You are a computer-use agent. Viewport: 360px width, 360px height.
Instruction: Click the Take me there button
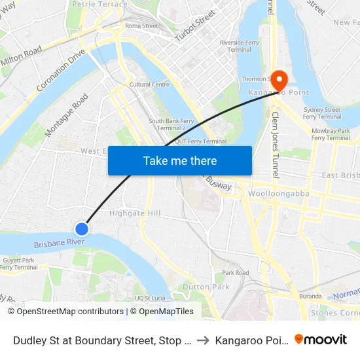pos(180,160)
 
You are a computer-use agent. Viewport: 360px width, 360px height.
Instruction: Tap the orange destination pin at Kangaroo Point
pos(279,81)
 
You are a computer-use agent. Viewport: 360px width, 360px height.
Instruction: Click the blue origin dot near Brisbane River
pos(82,228)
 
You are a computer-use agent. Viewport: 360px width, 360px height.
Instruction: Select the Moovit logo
pos(321,339)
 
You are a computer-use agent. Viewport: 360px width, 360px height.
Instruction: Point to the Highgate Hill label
pos(135,213)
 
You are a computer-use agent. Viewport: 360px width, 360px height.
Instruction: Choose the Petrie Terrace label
pos(100,4)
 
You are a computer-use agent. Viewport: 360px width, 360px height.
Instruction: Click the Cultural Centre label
pos(149,84)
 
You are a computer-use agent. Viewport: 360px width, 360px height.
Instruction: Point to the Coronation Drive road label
pos(62,70)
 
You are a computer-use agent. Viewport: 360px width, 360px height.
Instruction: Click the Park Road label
pos(236,272)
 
